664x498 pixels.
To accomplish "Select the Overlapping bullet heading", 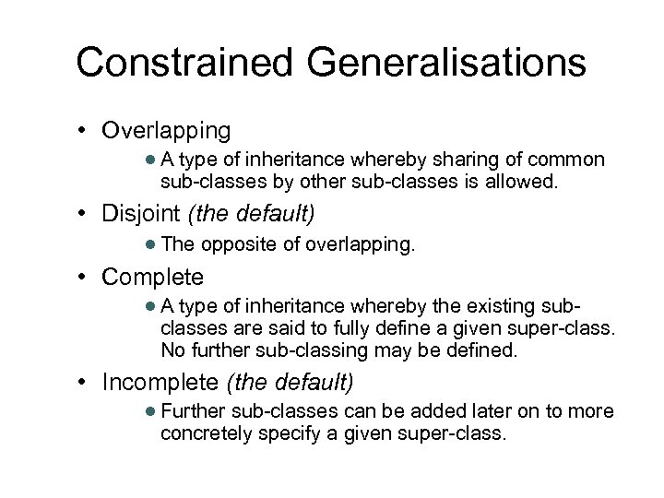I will tap(166, 129).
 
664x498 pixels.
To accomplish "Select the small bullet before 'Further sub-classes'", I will tap(150, 410).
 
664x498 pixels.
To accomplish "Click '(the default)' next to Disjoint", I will tap(251, 215).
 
